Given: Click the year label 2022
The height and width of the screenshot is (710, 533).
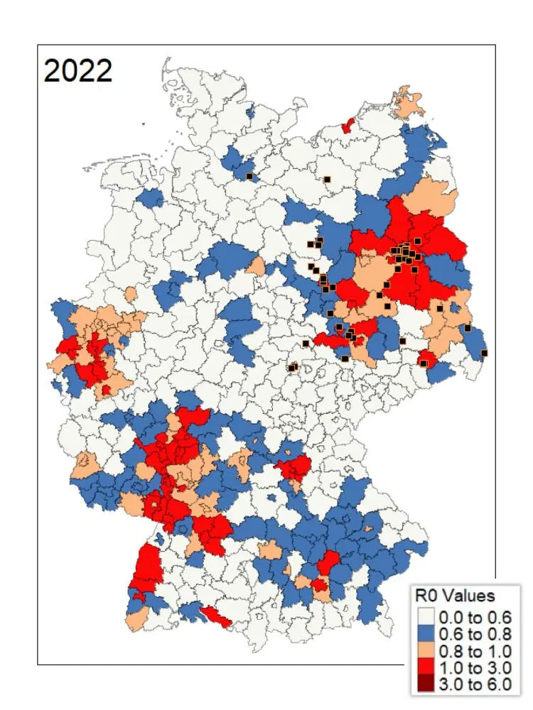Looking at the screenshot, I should coord(78,71).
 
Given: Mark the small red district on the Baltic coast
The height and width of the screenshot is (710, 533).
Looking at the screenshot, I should coord(348,126).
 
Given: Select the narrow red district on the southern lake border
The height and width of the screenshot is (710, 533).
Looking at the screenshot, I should coord(215,616).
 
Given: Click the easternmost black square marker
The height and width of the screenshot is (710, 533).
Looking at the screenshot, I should coord(484,353).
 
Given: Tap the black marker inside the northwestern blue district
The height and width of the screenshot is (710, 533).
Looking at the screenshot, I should coord(249,176).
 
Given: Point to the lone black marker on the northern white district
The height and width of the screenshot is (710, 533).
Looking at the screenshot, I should coord(328,180).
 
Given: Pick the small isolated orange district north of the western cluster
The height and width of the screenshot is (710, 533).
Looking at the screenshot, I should coord(130,293).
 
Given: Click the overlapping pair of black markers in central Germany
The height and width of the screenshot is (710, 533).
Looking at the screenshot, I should coord(292,367).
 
